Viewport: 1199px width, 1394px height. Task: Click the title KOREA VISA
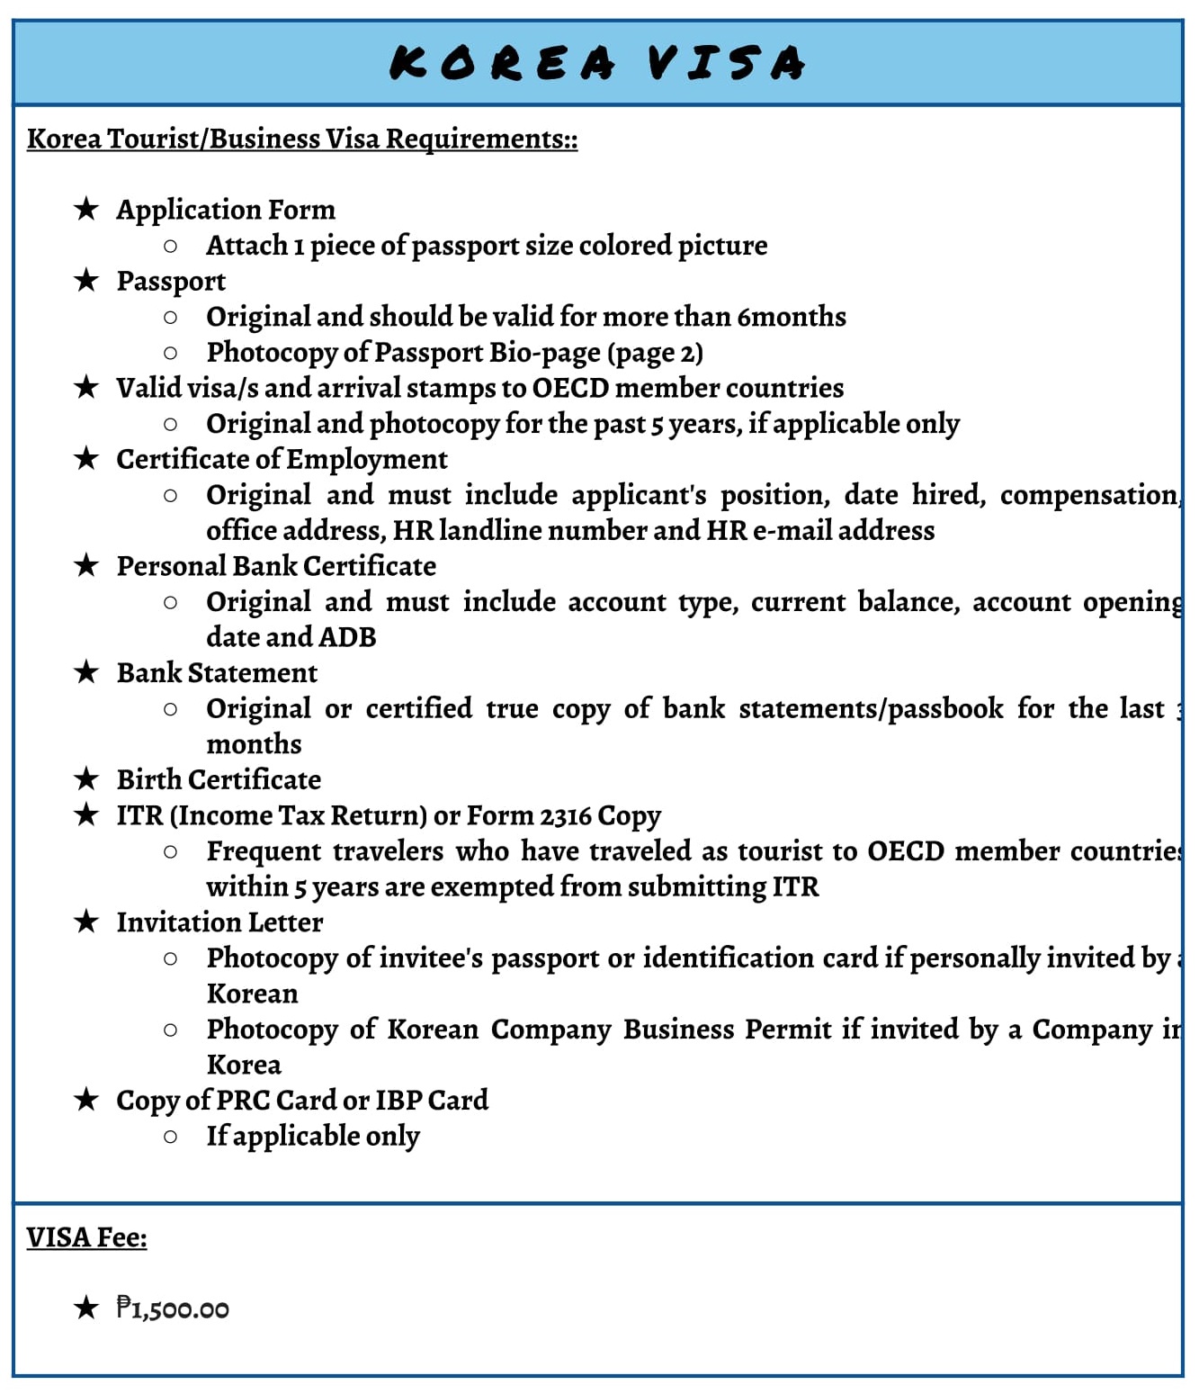597,63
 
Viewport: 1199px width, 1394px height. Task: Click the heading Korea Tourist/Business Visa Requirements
302,139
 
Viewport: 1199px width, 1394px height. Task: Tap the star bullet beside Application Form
86,209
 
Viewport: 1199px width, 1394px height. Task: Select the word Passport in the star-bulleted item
171,281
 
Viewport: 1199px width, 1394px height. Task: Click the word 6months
792,317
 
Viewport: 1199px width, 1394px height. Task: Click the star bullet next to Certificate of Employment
86,458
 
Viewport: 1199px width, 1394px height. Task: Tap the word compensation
1089,495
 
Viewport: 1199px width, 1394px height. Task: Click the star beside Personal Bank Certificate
86,565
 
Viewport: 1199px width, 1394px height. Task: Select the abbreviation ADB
347,637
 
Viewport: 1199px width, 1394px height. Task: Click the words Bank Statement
217,673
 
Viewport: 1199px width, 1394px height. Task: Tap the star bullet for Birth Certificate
86,779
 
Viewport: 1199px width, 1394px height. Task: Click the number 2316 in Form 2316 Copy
565,815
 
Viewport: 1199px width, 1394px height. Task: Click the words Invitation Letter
219,922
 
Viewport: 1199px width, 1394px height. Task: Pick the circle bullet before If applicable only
170,1137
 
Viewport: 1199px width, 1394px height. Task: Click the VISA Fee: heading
86,1237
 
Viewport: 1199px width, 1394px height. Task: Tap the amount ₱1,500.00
173,1309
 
